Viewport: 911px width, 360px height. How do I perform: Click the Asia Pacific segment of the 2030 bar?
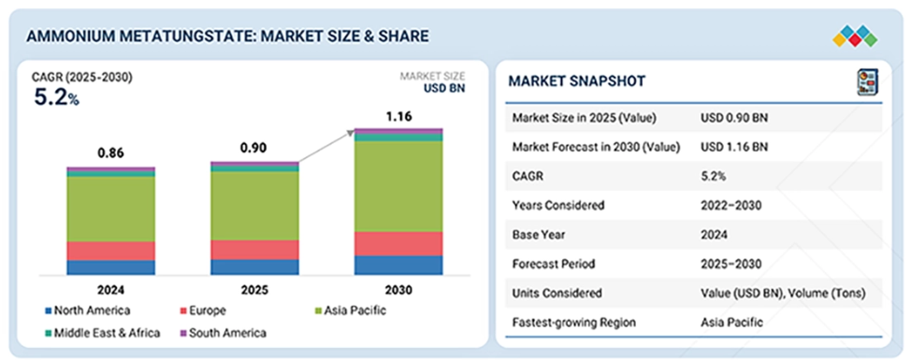click(x=398, y=186)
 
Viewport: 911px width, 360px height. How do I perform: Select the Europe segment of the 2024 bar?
click(x=111, y=251)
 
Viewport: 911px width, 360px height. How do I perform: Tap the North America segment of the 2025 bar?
click(x=254, y=267)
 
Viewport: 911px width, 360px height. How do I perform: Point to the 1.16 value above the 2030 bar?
click(x=398, y=117)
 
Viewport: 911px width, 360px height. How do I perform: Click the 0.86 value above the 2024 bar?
click(x=111, y=154)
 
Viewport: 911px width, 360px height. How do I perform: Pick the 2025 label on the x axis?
click(x=254, y=290)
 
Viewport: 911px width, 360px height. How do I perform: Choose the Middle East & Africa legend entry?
click(x=102, y=333)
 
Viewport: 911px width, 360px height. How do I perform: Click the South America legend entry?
click(x=224, y=333)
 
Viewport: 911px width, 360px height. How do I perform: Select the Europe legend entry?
click(x=203, y=310)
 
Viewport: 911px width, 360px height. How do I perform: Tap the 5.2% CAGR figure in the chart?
click(x=56, y=98)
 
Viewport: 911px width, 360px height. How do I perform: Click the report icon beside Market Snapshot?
click(x=868, y=80)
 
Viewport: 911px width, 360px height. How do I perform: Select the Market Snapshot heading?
click(x=576, y=81)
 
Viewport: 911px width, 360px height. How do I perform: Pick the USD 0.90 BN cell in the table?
click(x=734, y=118)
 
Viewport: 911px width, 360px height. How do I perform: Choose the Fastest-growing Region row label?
click(x=573, y=323)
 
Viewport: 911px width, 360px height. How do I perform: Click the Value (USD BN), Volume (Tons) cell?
click(x=783, y=294)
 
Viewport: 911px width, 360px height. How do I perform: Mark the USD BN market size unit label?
click(x=445, y=88)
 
